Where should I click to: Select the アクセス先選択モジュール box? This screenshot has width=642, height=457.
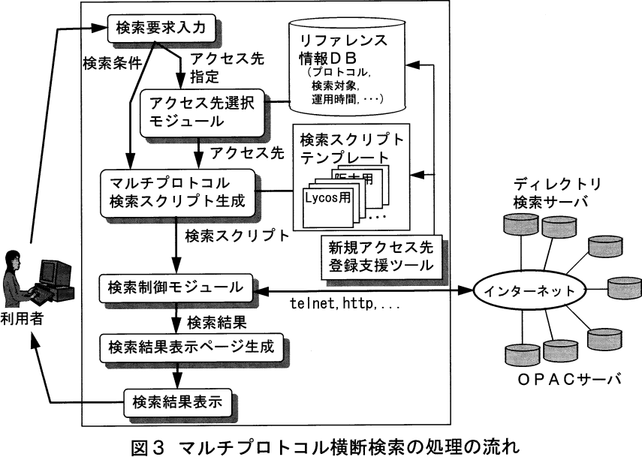(197, 110)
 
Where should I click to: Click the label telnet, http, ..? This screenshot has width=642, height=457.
(344, 306)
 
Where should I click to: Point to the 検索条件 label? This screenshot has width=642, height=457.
(112, 64)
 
